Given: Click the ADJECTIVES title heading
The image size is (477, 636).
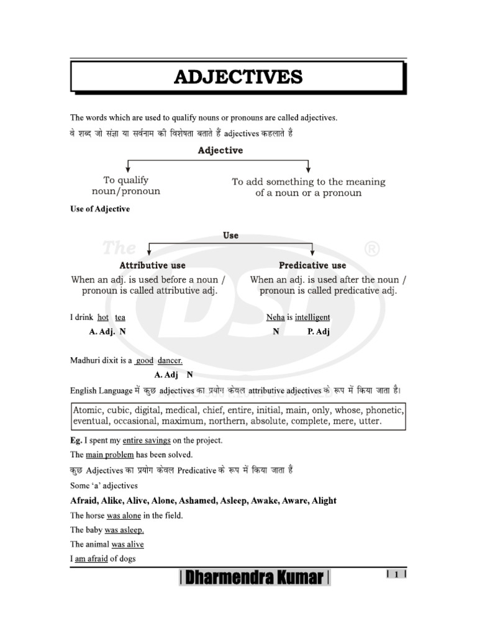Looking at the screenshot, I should (238, 78).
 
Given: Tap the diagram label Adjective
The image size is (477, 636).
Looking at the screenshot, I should (220, 150).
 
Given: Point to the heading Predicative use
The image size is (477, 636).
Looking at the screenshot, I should (312, 265).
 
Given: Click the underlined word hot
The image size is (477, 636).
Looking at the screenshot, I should (103, 317).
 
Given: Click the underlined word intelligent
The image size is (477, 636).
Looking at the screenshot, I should (312, 317).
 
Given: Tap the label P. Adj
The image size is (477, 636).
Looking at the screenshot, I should (319, 332).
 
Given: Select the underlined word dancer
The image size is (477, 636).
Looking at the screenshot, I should (170, 360).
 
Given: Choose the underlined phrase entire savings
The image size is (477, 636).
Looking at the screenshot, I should (147, 440).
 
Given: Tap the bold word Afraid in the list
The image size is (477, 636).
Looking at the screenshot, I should (84, 501).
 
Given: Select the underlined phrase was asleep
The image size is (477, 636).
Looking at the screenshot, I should (124, 530).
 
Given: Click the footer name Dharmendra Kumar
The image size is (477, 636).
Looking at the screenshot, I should (255, 578).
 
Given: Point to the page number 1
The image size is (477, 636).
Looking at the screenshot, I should (396, 575).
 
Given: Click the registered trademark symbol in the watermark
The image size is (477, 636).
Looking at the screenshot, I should (372, 249).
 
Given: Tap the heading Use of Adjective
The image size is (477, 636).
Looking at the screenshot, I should (100, 209).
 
